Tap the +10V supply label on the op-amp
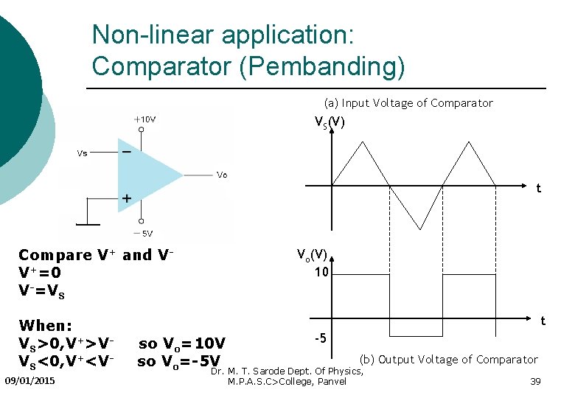144,119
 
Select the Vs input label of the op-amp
83,153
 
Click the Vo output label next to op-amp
222,175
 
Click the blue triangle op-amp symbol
144,175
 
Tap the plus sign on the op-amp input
126,198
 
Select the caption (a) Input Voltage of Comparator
408,103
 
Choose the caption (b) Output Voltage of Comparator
448,359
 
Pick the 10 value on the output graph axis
321,272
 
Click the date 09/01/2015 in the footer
29,380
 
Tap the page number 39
535,381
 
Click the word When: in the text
46,325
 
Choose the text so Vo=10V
181,343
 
